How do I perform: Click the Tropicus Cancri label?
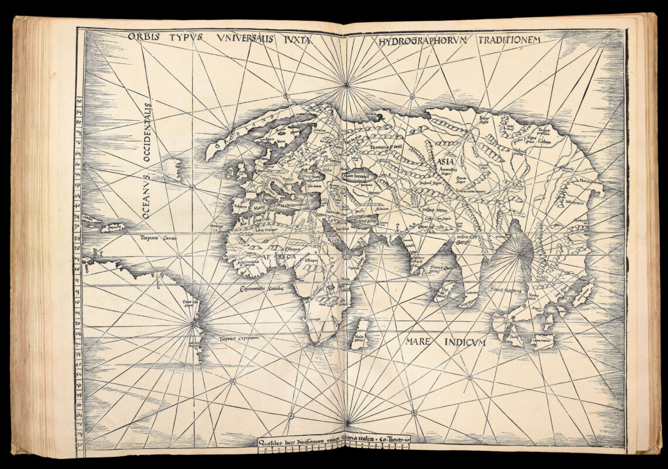(154, 238)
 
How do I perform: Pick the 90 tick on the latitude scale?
(79, 102)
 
